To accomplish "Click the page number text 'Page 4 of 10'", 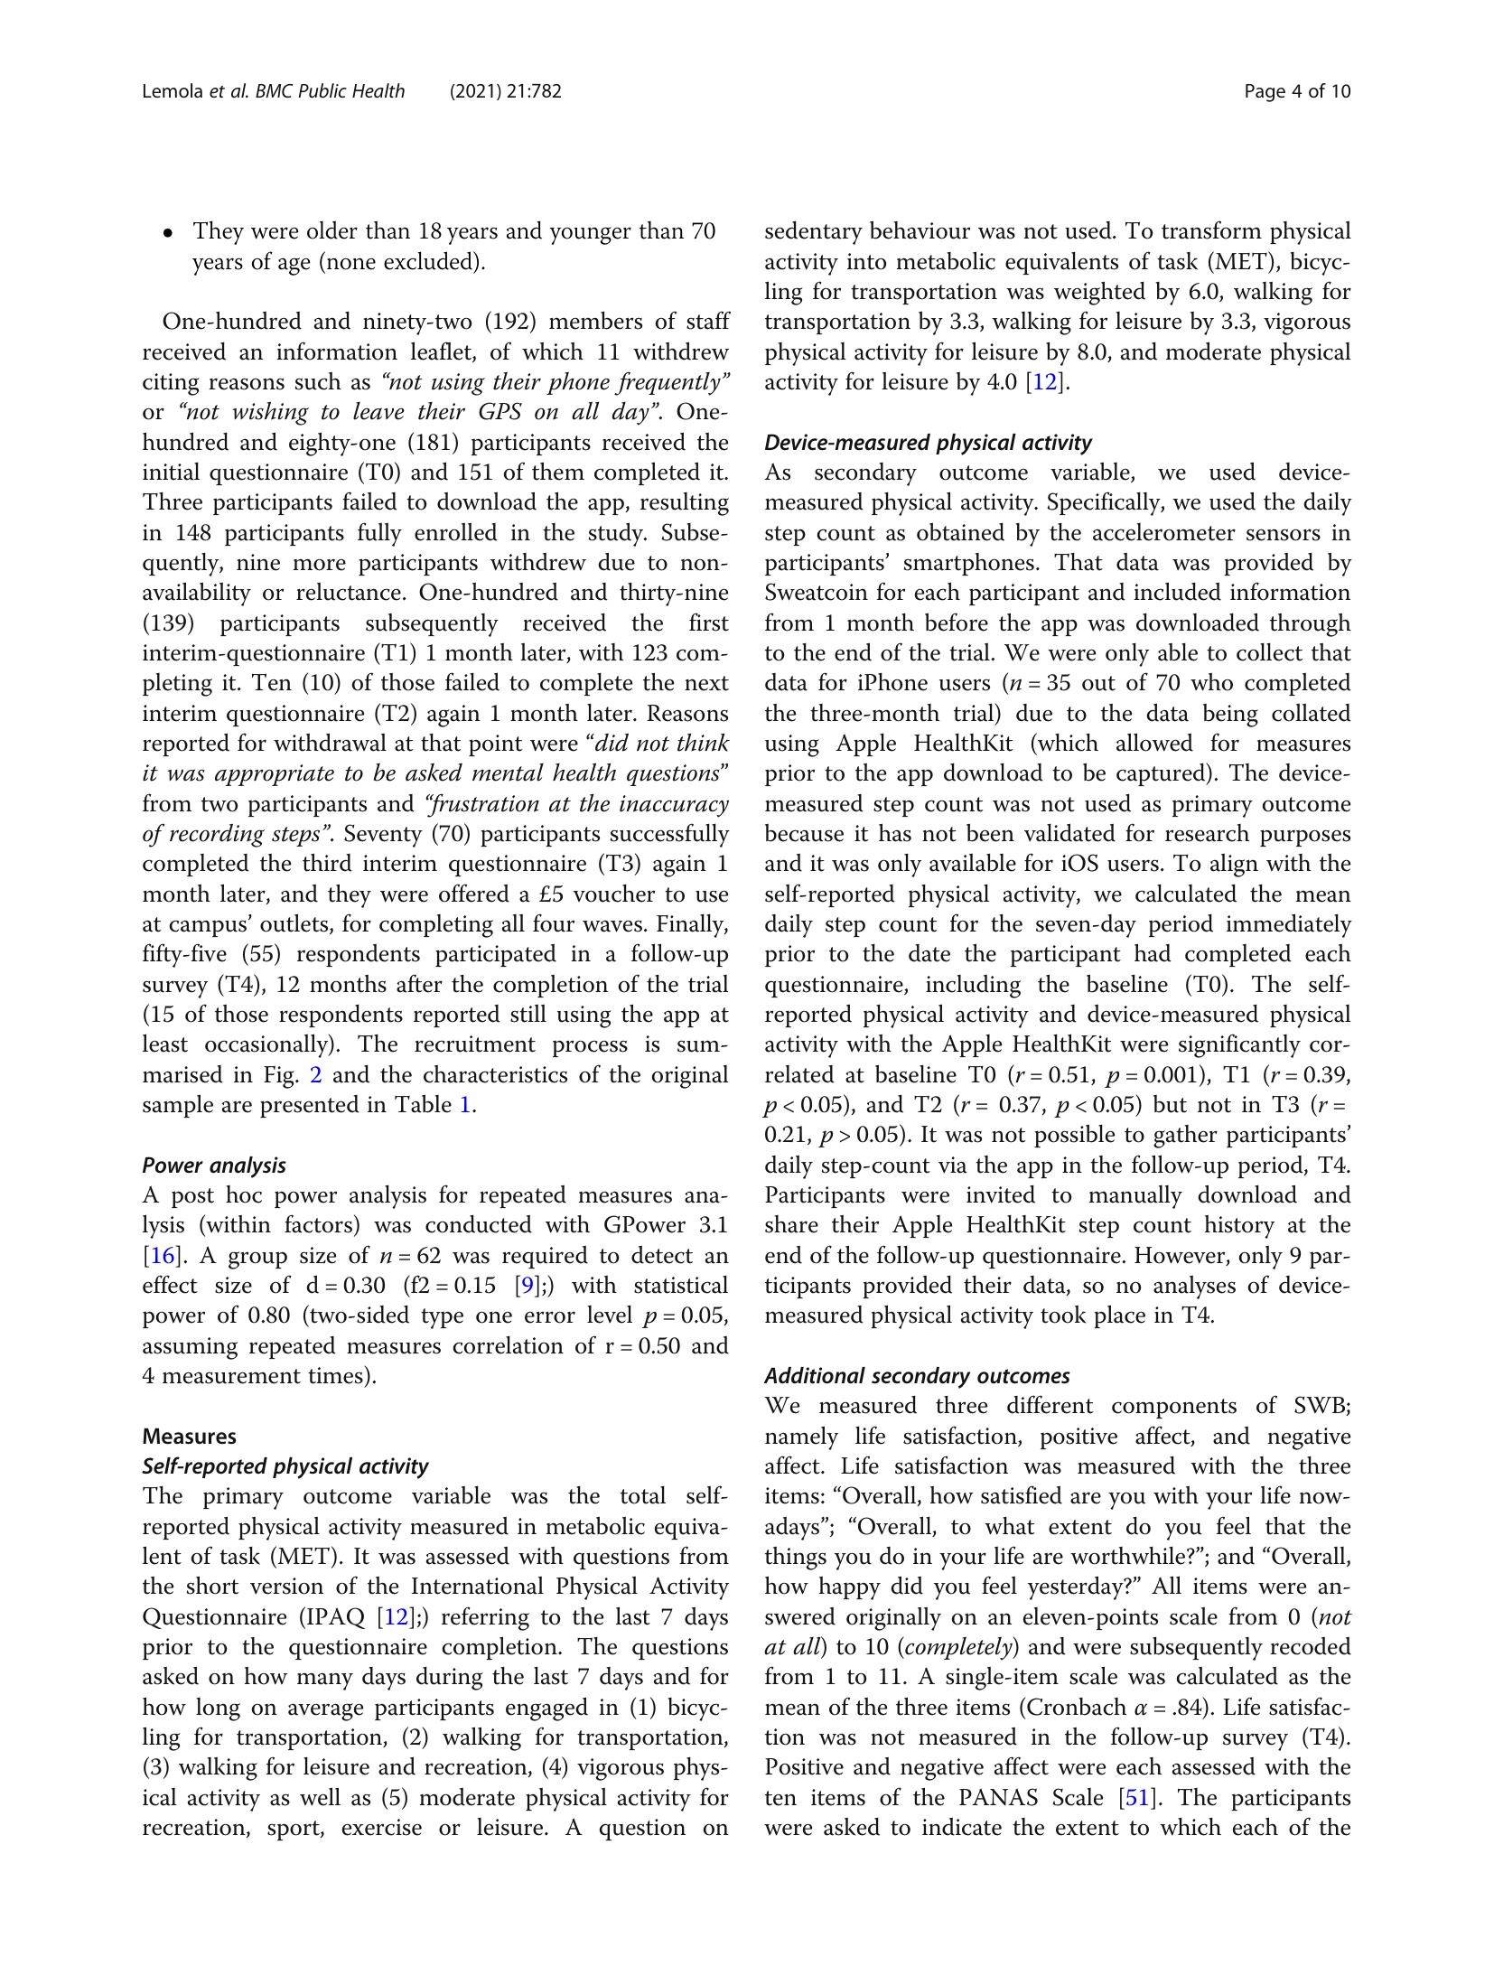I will (1296, 91).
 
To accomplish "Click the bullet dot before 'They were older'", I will (168, 233).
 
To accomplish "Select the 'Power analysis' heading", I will (214, 1165).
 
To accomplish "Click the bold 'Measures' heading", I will (189, 1436).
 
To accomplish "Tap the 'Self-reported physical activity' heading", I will (285, 1465).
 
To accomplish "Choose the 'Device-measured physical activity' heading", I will (928, 442).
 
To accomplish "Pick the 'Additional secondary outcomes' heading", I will (917, 1375).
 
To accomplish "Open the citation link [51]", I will (1136, 1797).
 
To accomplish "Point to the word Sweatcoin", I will (817, 593).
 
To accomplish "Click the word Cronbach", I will (1065, 1707).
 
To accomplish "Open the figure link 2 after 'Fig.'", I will (316, 1074).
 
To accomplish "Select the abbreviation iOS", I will (1080, 864).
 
